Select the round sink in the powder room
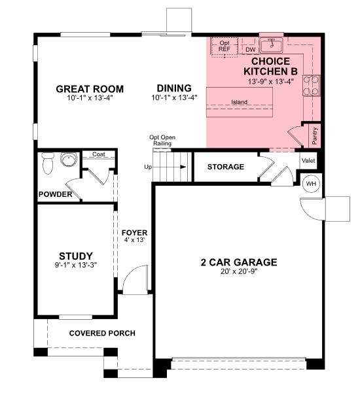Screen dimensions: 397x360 [67, 159]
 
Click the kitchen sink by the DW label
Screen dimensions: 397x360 [270, 45]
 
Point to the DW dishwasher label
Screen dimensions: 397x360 [250, 49]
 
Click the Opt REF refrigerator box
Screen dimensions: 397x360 [224, 46]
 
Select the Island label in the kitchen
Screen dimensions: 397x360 [240, 102]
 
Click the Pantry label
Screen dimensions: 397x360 [315, 135]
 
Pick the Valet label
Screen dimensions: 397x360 [308, 160]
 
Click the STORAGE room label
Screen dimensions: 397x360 [226, 167]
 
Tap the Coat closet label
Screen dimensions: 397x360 [99, 154]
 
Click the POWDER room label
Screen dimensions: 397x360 [55, 194]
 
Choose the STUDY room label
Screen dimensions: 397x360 [75, 256]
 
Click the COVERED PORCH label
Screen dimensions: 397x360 [102, 333]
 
